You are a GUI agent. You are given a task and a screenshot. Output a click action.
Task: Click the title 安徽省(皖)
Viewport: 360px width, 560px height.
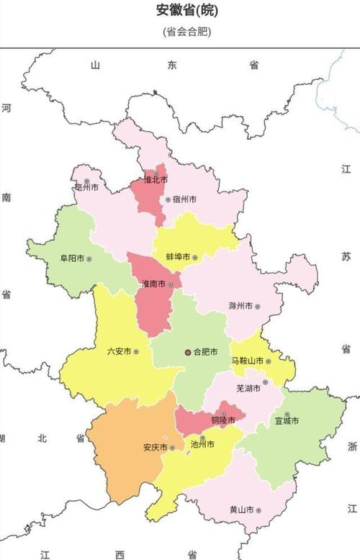click(186, 11)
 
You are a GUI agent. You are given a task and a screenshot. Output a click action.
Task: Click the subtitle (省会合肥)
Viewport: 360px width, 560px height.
click(186, 32)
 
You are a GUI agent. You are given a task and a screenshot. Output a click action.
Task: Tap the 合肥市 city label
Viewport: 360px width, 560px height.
click(204, 353)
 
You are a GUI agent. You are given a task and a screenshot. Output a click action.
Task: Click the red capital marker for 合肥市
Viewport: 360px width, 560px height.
click(188, 353)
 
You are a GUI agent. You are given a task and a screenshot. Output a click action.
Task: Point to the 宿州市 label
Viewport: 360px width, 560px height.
click(184, 199)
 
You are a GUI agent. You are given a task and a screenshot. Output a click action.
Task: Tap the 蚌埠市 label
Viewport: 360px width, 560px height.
click(178, 257)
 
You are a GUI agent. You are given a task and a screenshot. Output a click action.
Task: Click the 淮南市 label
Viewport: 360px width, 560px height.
click(153, 284)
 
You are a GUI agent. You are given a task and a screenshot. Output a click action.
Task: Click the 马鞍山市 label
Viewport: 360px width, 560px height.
click(247, 361)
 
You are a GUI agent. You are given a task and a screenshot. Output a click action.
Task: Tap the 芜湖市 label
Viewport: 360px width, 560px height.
click(248, 388)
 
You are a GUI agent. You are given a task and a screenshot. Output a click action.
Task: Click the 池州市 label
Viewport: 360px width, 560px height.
click(202, 445)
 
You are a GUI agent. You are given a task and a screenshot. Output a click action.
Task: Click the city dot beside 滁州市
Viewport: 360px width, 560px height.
click(257, 307)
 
